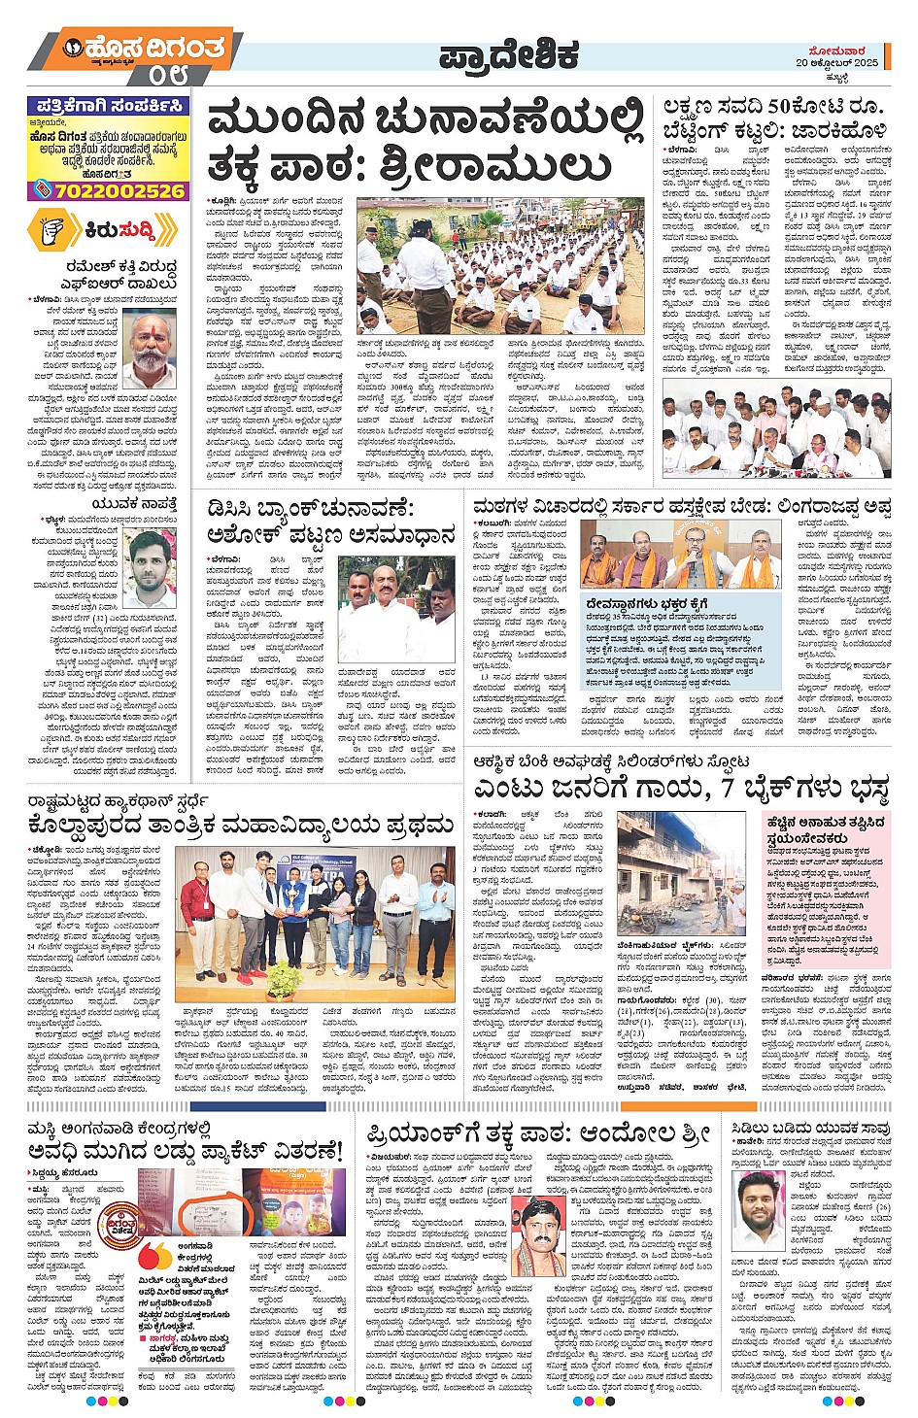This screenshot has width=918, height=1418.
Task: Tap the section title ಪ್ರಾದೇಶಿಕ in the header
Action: click(509, 55)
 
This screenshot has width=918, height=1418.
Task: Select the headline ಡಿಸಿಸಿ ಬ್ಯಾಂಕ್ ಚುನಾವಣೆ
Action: click(311, 508)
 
